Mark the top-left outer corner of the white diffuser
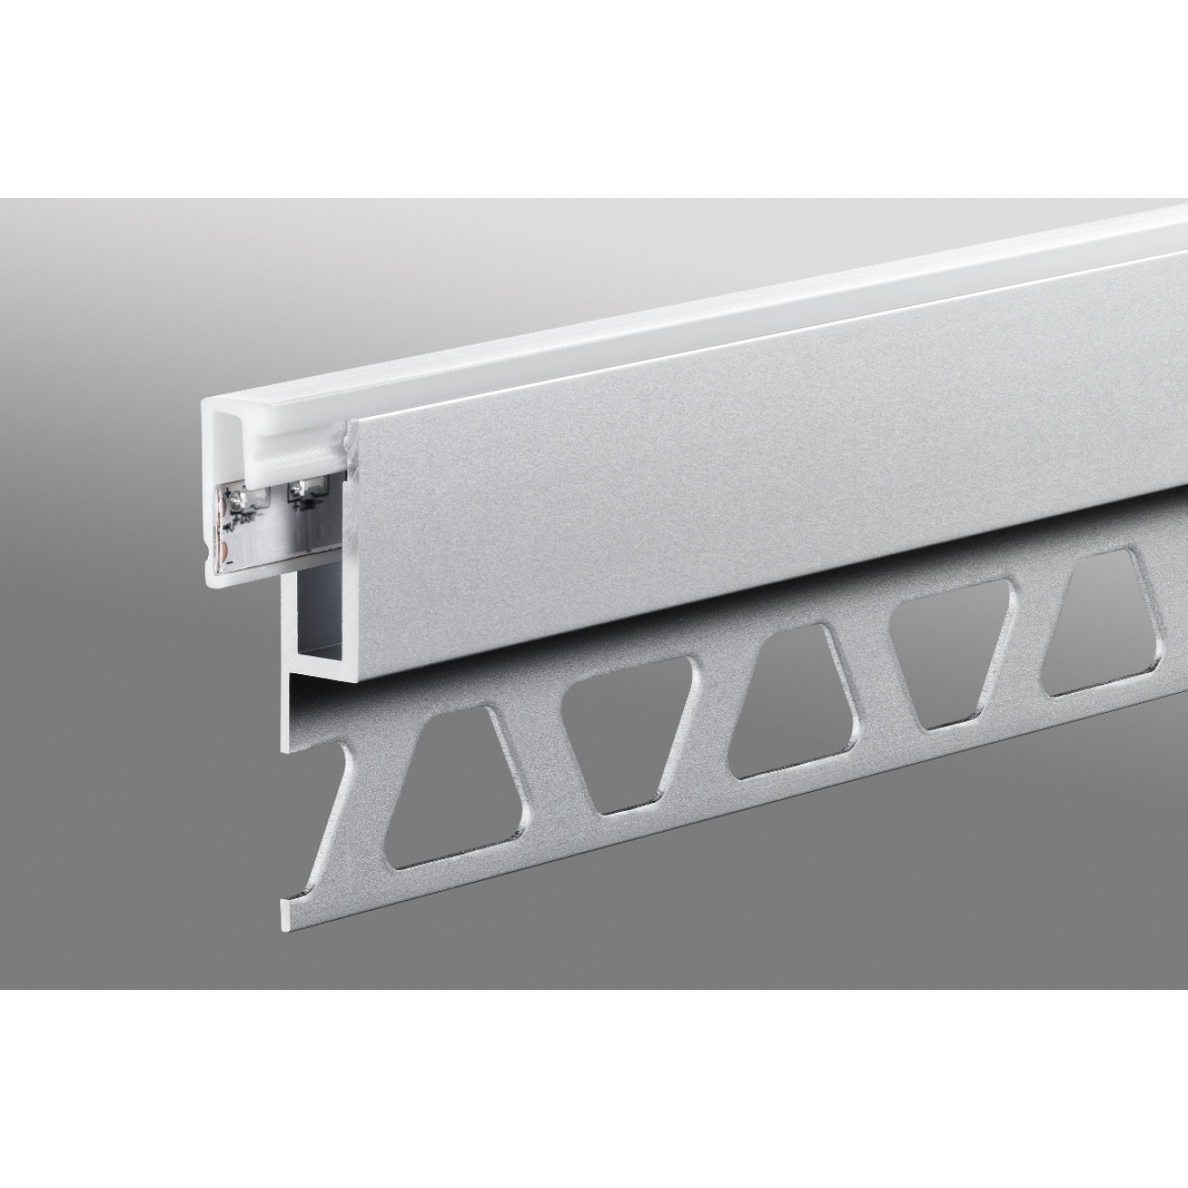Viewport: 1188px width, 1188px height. click(x=203, y=402)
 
